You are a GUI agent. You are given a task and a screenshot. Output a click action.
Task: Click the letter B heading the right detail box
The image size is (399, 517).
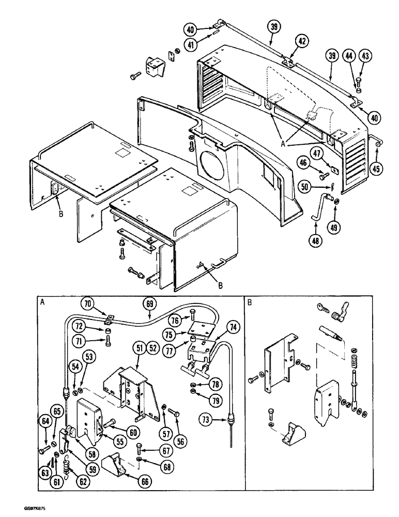[250, 303]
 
